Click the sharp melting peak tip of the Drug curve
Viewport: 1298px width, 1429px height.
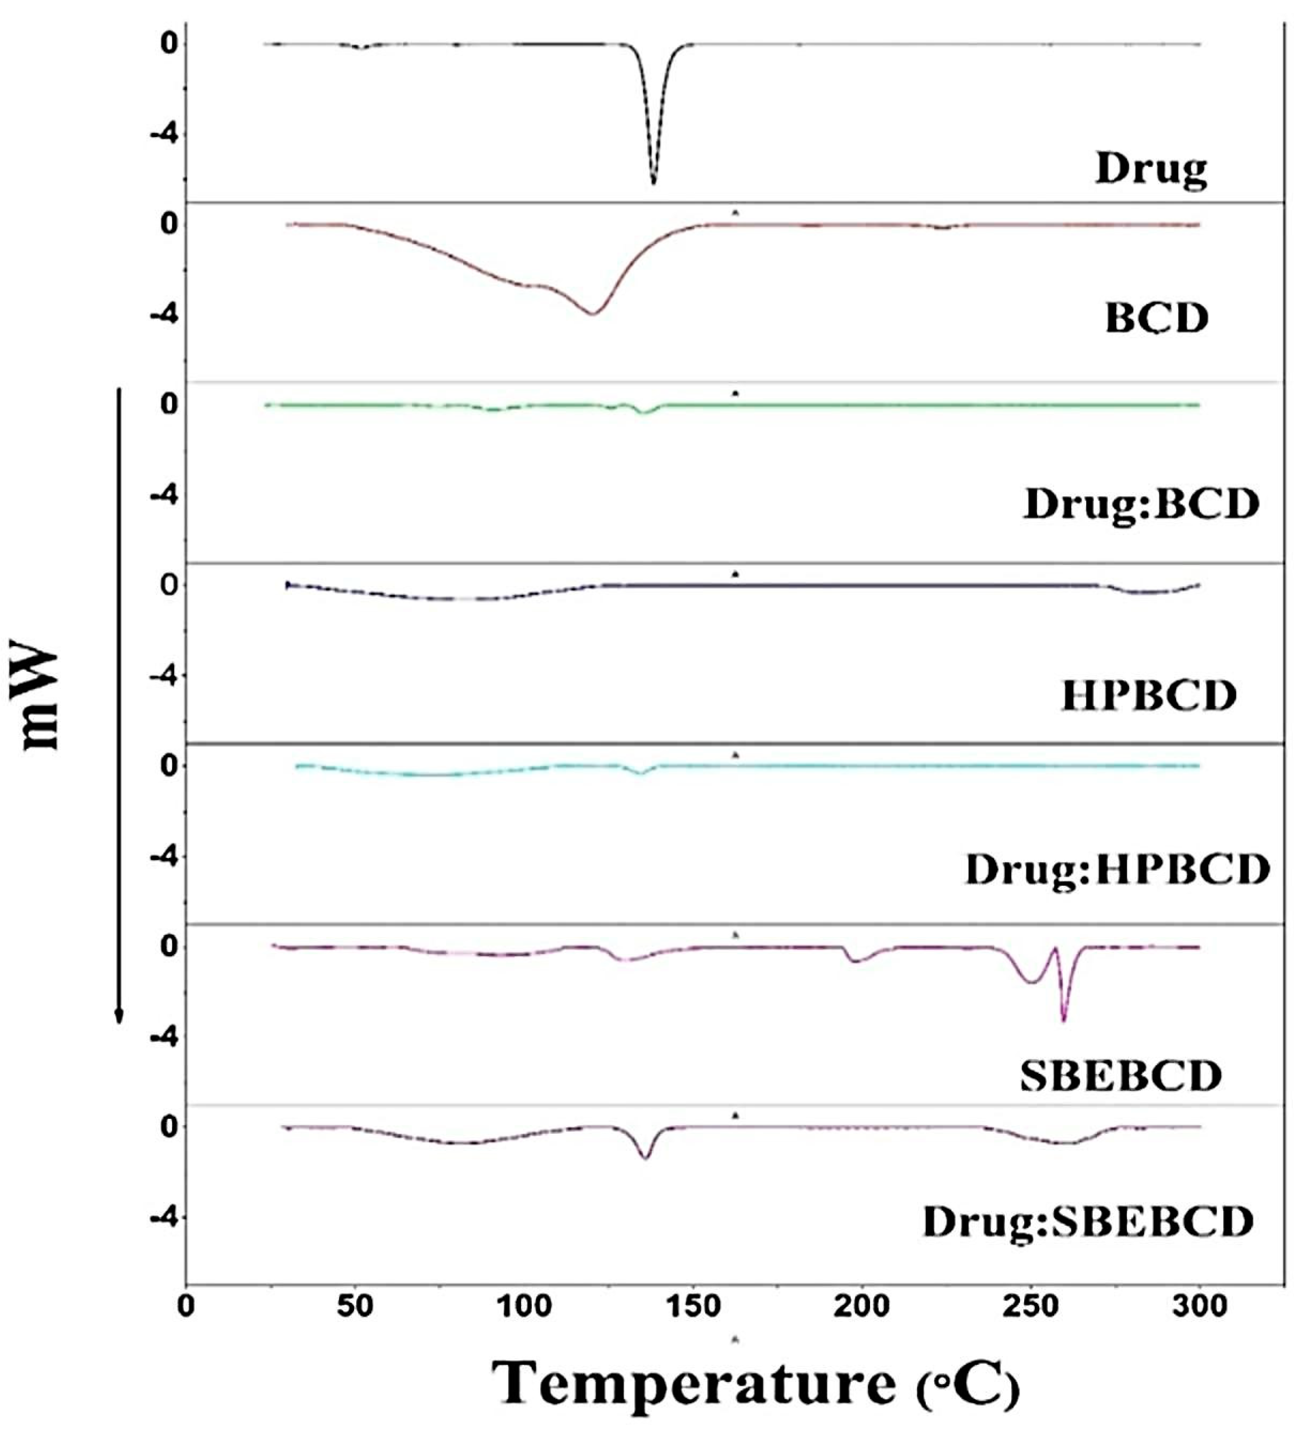coord(654,183)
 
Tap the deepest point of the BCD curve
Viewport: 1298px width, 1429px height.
coord(593,313)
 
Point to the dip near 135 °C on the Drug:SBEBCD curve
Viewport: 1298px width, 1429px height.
coord(644,1157)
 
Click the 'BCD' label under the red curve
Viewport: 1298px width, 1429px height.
coord(1156,319)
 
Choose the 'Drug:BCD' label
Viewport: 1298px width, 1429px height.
coord(1141,505)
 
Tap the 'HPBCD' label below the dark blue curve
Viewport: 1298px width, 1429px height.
coord(1148,696)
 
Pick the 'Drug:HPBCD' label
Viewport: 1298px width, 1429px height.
coord(1117,870)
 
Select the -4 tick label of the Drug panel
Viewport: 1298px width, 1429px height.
coord(164,135)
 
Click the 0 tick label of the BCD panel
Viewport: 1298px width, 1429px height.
coord(168,225)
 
